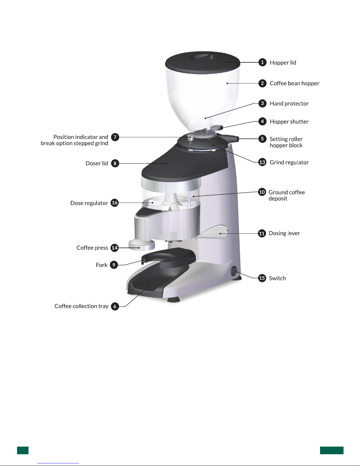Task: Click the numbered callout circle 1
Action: pyautogui.click(x=262, y=62)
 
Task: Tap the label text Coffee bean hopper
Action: pyautogui.click(x=294, y=83)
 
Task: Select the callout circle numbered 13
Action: pyautogui.click(x=262, y=162)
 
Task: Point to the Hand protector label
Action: pyautogui.click(x=289, y=103)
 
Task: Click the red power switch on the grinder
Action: pyautogui.click(x=234, y=272)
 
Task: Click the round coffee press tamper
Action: pyautogui.click(x=142, y=245)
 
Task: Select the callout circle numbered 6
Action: pyautogui.click(x=115, y=306)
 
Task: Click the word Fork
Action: pyautogui.click(x=102, y=265)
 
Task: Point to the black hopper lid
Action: pyautogui.click(x=202, y=62)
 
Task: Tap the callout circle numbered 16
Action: pyautogui.click(x=115, y=203)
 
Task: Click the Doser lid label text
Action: pyautogui.click(x=97, y=163)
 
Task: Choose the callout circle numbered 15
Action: pyautogui.click(x=262, y=278)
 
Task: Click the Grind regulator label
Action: pyautogui.click(x=289, y=162)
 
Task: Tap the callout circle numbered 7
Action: pyautogui.click(x=115, y=137)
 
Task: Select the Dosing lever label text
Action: pyautogui.click(x=284, y=233)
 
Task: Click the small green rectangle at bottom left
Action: pyautogui.click(x=23, y=450)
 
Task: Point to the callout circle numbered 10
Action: pyautogui.click(x=262, y=192)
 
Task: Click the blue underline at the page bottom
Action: pyautogui.click(x=58, y=463)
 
